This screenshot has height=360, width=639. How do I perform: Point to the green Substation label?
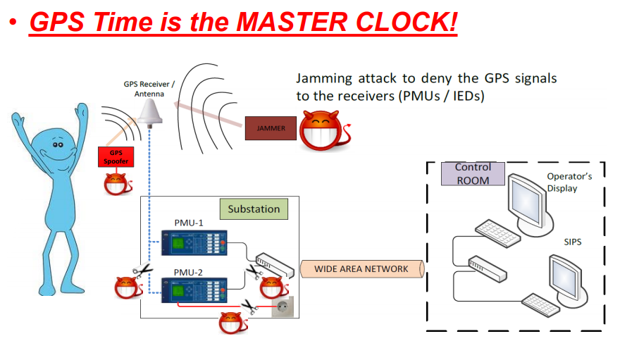[x=254, y=209]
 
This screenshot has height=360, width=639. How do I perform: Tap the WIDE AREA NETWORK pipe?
[x=361, y=269]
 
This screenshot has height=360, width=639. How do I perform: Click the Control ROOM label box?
[x=473, y=173]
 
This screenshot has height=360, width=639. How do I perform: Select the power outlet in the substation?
[x=285, y=308]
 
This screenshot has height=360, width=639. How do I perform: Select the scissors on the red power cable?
[x=249, y=306]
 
